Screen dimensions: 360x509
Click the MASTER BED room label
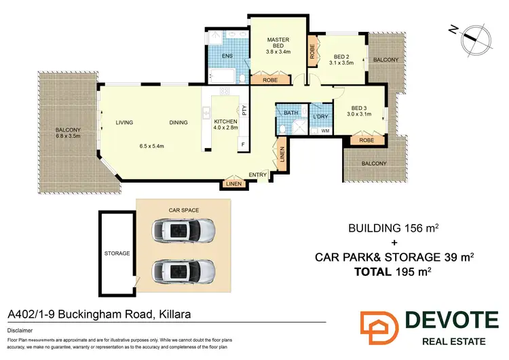coord(278,43)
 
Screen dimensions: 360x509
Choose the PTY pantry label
coord(241,109)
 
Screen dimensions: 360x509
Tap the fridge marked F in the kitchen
coord(241,145)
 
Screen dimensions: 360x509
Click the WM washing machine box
coord(324,131)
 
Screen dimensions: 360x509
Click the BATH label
coord(291,113)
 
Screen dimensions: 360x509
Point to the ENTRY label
coord(257,175)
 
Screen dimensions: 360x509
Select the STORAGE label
coord(117,253)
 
